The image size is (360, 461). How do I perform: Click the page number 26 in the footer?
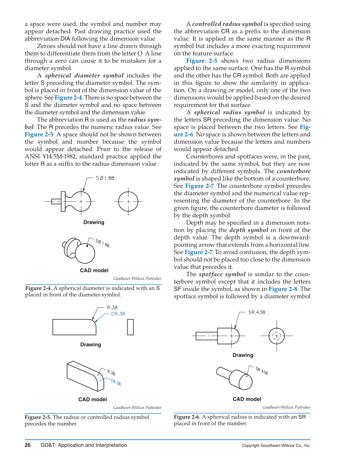28,445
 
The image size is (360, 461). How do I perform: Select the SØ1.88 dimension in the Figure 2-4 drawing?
105,178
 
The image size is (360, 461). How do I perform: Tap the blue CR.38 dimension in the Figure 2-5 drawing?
118,314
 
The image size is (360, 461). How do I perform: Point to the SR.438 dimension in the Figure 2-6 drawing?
257,312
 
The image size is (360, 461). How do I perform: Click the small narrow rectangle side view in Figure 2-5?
130,327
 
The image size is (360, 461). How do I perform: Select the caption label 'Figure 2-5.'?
38,417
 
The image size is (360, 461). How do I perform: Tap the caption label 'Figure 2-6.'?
187,417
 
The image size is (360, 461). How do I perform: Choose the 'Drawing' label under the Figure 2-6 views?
243,355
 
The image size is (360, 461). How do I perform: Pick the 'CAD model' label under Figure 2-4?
94,270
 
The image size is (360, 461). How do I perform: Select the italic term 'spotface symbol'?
222,274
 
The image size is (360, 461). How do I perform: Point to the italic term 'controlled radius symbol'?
227,24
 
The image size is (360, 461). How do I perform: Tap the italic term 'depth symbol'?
249,230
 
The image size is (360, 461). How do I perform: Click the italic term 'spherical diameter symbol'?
84,75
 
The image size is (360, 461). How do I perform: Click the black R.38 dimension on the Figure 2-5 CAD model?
111,372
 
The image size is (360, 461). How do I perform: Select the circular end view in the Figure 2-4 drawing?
128,201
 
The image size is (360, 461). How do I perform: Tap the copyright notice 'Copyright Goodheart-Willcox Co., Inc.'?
276,445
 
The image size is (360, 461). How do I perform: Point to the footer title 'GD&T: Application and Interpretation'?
83,445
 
